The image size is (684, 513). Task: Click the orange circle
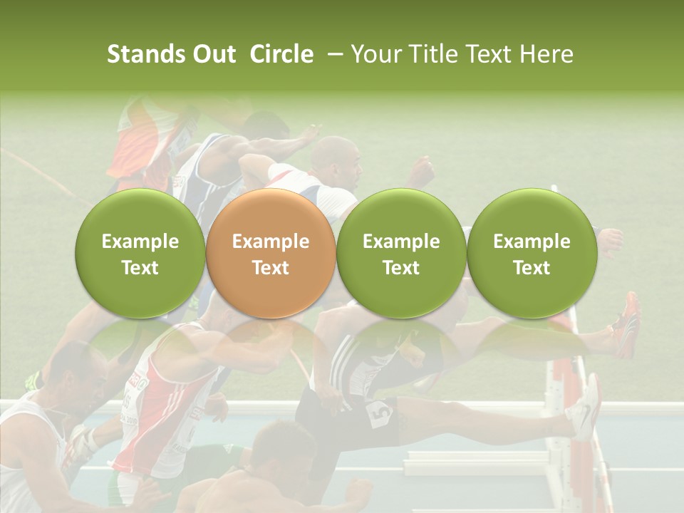tap(270, 254)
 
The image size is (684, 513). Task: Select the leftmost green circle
tap(140, 254)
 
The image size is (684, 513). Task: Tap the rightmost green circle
tap(532, 254)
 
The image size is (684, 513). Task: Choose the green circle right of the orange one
tap(401, 254)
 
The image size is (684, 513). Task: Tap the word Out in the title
tap(214, 54)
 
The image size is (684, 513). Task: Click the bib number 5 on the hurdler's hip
tap(380, 413)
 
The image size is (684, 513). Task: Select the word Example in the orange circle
tap(270, 242)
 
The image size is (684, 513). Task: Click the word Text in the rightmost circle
tap(532, 268)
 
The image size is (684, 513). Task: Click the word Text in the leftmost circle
tap(140, 268)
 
